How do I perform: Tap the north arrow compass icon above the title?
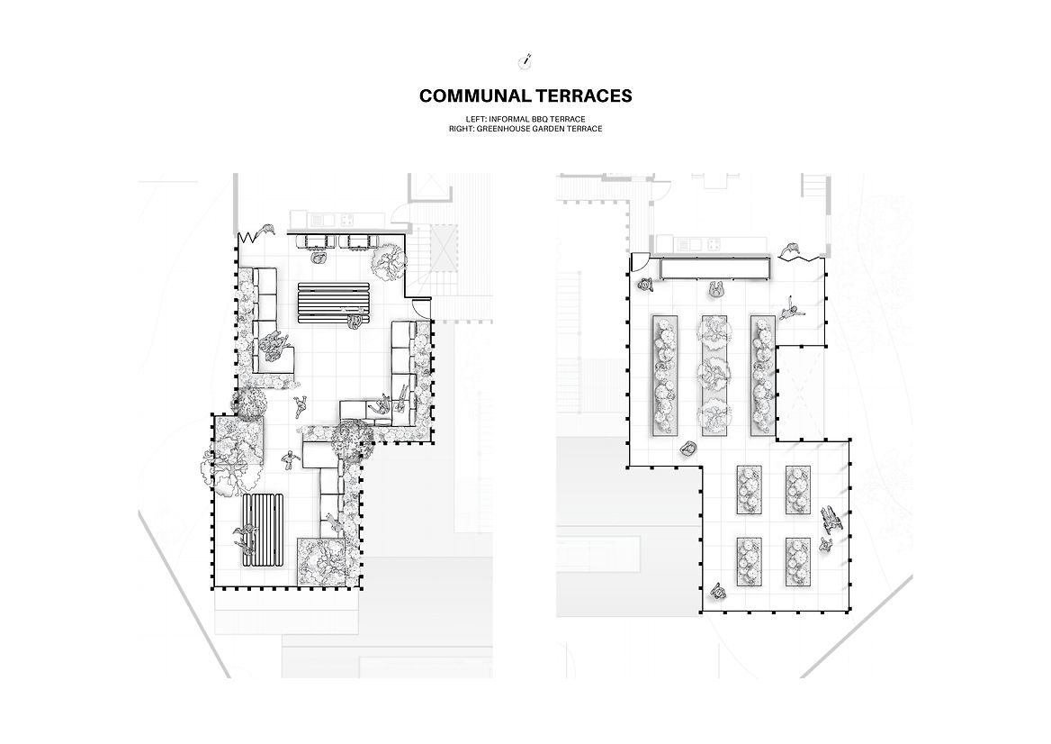[525, 61]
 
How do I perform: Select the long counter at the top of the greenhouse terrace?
[714, 268]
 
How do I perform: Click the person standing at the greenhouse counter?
[716, 289]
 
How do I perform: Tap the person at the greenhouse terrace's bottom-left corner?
[717, 591]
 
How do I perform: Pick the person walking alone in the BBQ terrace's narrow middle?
[290, 460]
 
